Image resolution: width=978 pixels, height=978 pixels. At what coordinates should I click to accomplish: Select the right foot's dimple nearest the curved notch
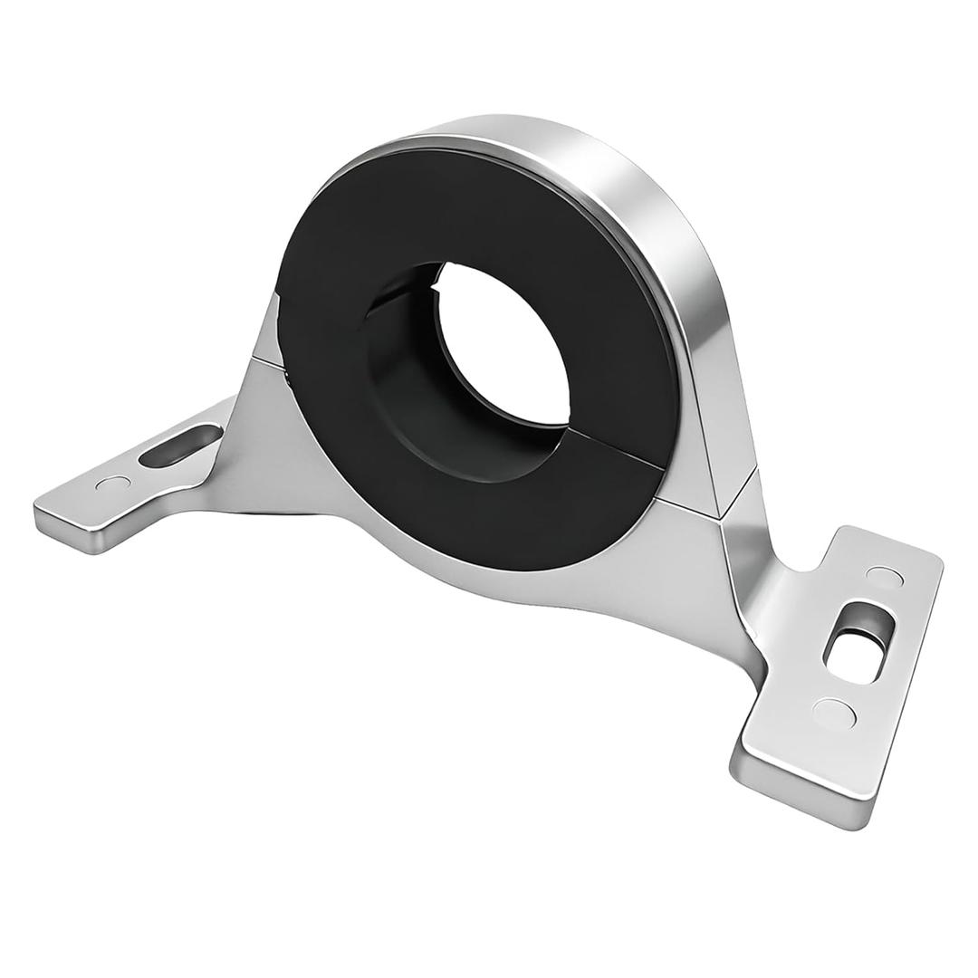[880, 574]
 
